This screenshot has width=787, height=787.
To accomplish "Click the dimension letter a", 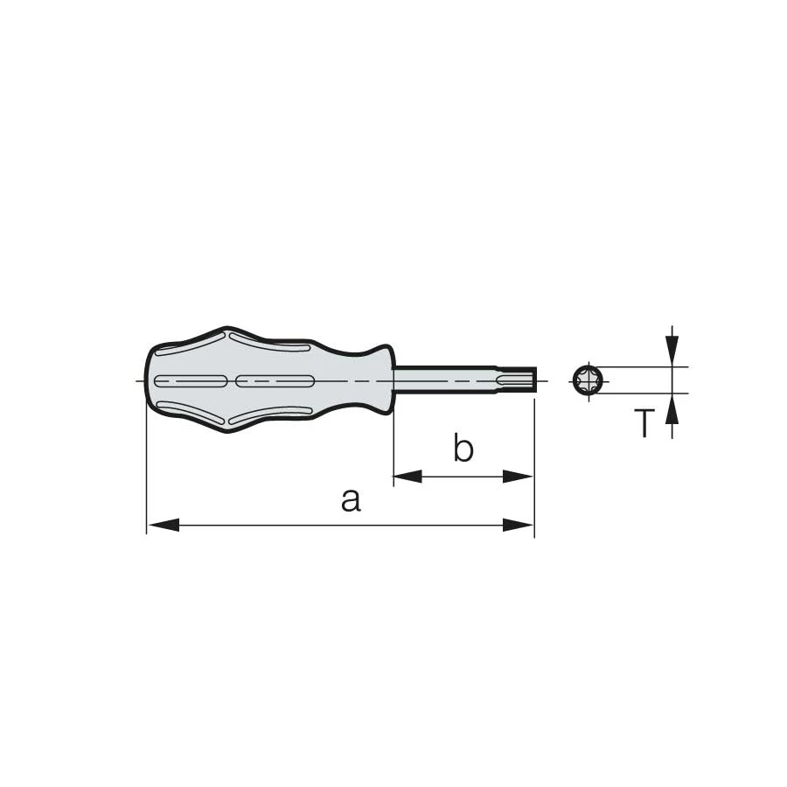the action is (x=351, y=500).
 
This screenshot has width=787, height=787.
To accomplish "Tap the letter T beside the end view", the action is (x=644, y=423).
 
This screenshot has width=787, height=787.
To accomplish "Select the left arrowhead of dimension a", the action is (x=164, y=525).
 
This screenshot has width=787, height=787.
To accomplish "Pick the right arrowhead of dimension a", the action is (x=518, y=525).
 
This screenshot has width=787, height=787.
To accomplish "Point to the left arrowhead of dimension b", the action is (x=408, y=477).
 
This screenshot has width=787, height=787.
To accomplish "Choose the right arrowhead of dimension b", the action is (x=518, y=477).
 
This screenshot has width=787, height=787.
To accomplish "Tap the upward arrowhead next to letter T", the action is (x=672, y=408).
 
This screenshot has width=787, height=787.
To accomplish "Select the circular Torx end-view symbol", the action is (x=589, y=380).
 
